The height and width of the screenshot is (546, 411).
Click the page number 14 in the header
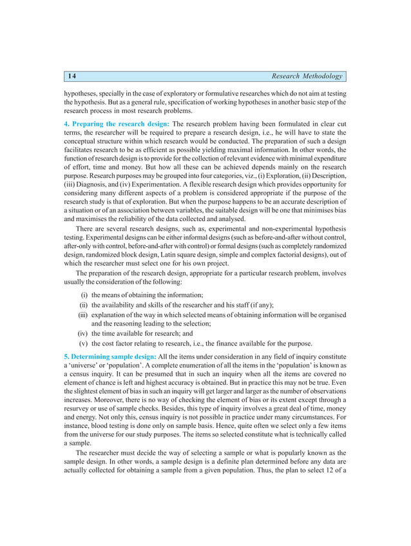tap(72, 77)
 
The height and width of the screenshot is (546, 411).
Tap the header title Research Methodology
tap(307, 77)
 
